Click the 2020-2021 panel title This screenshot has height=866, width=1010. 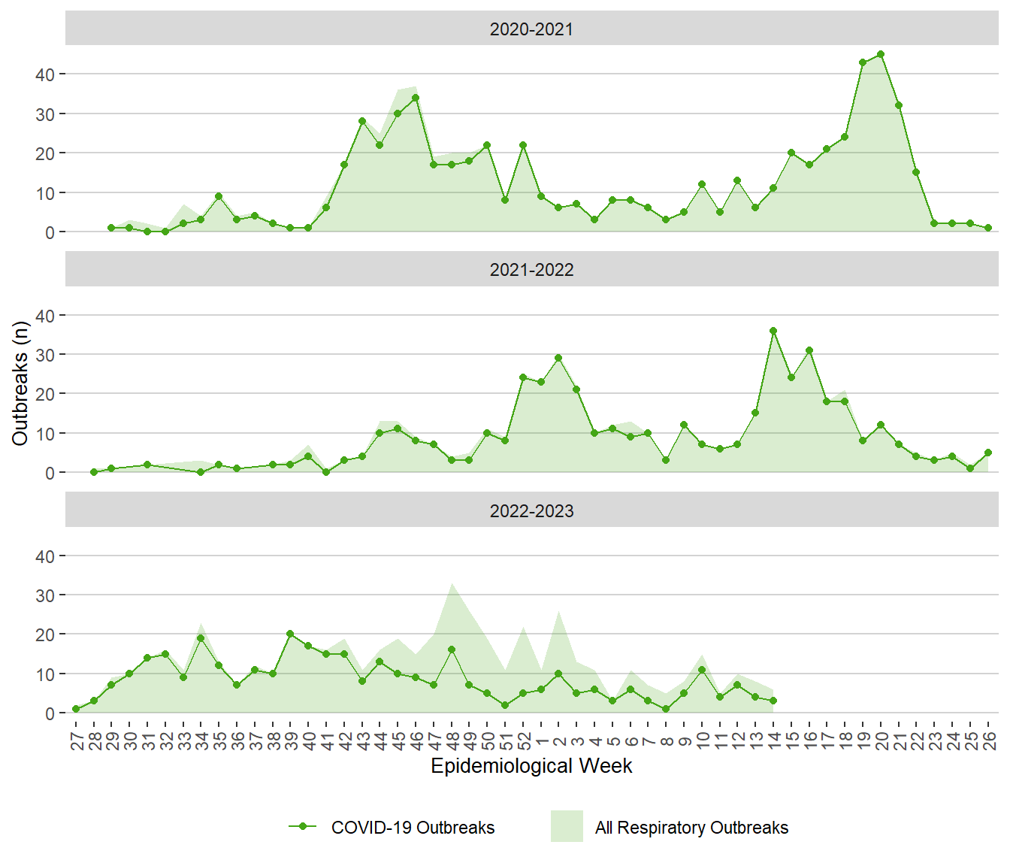[x=531, y=29]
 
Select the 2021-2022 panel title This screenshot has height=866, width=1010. [x=531, y=270]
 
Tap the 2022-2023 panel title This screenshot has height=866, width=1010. [x=531, y=511]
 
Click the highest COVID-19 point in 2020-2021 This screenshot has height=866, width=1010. [x=881, y=54]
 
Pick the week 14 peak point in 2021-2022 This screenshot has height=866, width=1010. [x=773, y=331]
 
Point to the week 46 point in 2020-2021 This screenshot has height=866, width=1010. [x=416, y=98]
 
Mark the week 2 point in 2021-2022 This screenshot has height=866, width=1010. [x=558, y=358]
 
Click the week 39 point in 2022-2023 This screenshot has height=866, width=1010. [x=290, y=634]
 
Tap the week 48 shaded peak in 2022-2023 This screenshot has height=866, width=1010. [x=452, y=584]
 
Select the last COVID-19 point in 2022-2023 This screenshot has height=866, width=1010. [x=773, y=701]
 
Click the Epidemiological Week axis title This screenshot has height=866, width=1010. [x=531, y=766]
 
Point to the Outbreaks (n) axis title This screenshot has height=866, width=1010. [x=20, y=383]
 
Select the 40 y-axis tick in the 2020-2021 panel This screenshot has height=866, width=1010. [x=44, y=74]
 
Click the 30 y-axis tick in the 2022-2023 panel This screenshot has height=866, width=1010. [x=44, y=595]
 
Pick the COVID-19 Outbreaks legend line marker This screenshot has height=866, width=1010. [x=303, y=826]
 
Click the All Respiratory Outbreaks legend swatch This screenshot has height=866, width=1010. [x=567, y=826]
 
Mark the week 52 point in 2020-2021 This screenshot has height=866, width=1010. [x=523, y=145]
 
